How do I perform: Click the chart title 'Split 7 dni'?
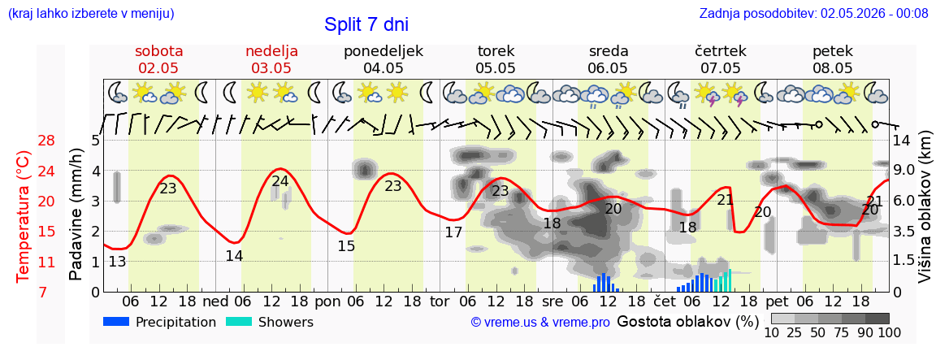[x=366, y=24]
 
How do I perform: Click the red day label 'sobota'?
[x=158, y=50]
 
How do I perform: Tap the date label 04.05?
[x=383, y=68]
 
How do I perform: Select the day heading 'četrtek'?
[x=721, y=50]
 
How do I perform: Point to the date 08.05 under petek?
[x=833, y=68]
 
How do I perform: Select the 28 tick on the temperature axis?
[x=46, y=141]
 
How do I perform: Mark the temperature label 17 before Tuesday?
[x=453, y=232]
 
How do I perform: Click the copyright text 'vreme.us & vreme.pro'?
[x=540, y=323]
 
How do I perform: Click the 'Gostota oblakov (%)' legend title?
[x=687, y=322]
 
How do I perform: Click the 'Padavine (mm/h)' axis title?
[x=76, y=215]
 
